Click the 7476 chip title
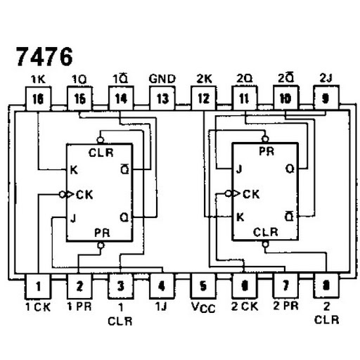tap(44, 56)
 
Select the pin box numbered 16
tap(38, 98)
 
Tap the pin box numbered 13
tap(162, 98)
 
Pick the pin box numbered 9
tap(326, 98)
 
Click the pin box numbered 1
tap(38, 286)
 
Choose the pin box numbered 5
tap(203, 286)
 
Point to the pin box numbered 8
tap(326, 285)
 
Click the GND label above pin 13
tap(162, 79)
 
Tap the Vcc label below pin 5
tap(203, 307)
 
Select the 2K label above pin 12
tap(204, 79)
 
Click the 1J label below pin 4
tap(161, 307)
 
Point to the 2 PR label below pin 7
tap(285, 306)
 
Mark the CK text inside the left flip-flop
tap(84, 195)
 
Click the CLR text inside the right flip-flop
tap(266, 232)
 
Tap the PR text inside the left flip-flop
tap(102, 233)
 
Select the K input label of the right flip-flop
tap(240, 217)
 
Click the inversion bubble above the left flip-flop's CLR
tap(101, 140)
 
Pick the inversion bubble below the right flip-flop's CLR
tap(265, 245)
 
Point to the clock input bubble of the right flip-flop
tap(228, 194)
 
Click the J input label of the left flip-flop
tap(73, 219)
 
